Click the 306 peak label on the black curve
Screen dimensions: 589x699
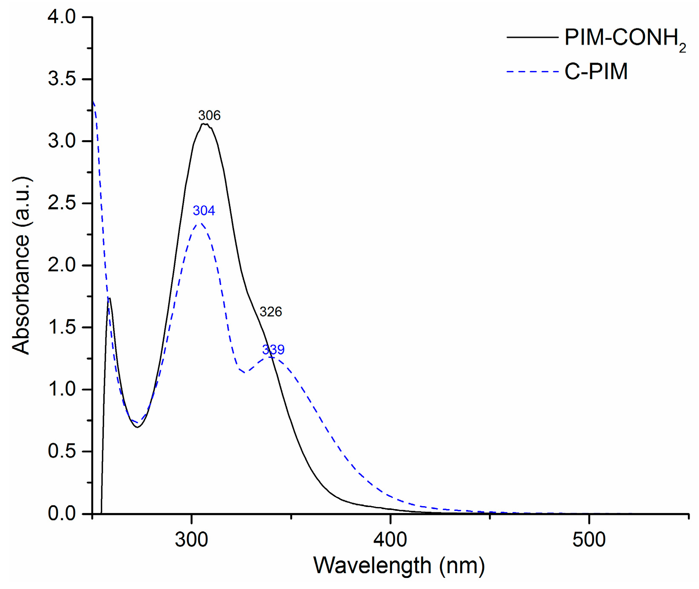pos(209,115)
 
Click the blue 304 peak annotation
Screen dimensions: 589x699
pos(204,211)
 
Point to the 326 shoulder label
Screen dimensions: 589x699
pos(271,312)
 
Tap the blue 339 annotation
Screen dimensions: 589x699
pos(273,350)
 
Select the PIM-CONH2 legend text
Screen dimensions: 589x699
pos(625,38)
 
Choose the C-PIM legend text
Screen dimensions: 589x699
pos(596,71)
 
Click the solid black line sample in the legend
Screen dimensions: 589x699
pos(532,38)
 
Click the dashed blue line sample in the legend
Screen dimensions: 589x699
pos(532,71)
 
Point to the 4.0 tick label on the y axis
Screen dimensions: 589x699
pos(61,17)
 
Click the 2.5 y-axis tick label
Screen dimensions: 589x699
pos(61,203)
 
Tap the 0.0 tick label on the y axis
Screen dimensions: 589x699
pos(61,513)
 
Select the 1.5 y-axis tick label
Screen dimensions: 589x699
pos(61,328)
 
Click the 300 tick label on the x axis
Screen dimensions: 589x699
pos(191,539)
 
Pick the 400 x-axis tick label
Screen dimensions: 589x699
pos(390,539)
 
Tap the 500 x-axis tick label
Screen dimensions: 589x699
pos(589,539)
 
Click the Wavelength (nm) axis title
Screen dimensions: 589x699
pos(399,566)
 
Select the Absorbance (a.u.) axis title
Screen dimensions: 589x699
pos(21,265)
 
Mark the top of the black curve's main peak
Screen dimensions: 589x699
pos(205,124)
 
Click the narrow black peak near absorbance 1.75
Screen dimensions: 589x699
pos(109,299)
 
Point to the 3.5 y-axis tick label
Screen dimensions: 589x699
pos(61,79)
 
